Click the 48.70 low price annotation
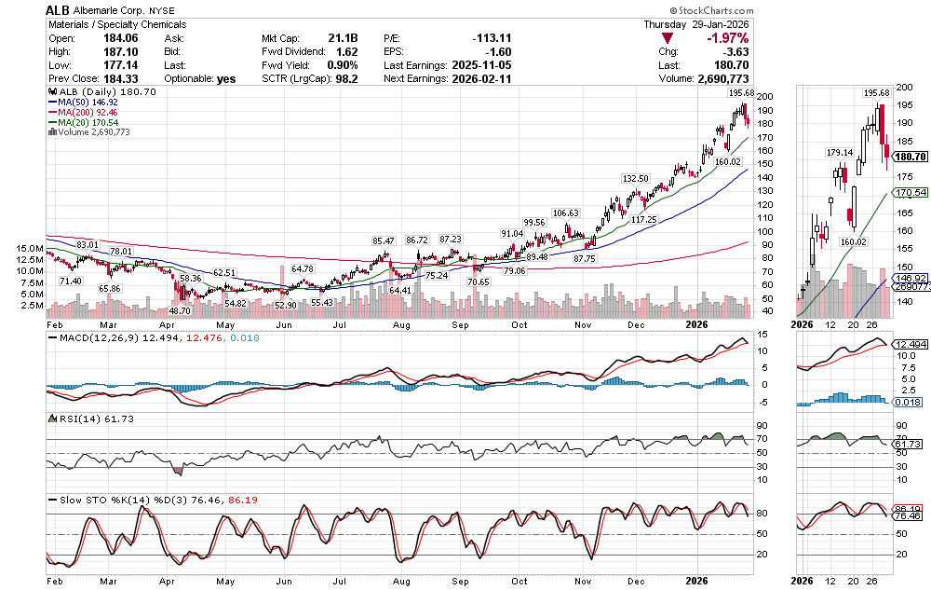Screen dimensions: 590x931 [178, 310]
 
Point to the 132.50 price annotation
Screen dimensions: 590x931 [635, 178]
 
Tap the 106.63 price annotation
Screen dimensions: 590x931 [566, 213]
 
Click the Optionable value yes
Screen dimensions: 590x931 [226, 79]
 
